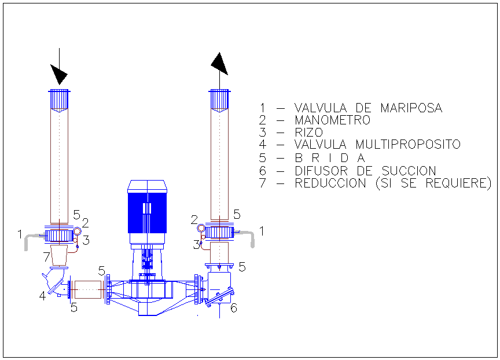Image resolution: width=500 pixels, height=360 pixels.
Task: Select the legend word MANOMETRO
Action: tap(332, 120)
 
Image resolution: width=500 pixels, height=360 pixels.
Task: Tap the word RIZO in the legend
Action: tap(308, 133)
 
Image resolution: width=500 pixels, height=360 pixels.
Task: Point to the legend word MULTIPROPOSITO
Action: tap(408, 145)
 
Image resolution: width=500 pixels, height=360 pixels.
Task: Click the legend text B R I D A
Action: tap(330, 158)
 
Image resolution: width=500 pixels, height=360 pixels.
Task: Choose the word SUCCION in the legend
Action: tap(409, 171)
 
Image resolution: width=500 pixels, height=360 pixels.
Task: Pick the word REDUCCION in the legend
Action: tap(330, 183)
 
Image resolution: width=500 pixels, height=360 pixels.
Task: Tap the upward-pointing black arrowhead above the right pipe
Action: tap(219, 63)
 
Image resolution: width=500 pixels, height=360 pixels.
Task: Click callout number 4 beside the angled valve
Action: tap(42, 296)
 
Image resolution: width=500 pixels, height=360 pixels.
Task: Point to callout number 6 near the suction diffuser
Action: tap(234, 308)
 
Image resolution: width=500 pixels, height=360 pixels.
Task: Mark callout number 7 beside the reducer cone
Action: tap(46, 256)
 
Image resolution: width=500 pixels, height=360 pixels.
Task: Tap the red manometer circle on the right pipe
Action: tap(201, 228)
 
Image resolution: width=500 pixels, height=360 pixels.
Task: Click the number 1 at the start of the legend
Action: tap(262, 108)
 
